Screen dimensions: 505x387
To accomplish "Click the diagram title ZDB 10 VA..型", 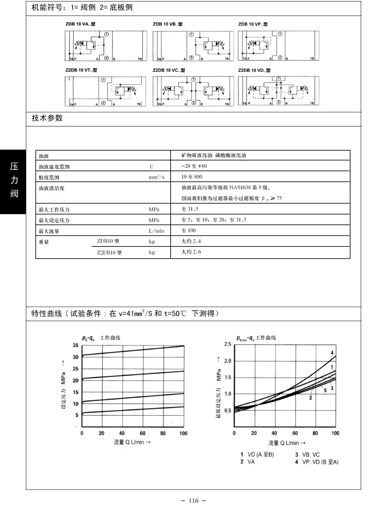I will tap(80, 24).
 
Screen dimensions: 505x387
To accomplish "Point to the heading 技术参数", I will tap(47, 118).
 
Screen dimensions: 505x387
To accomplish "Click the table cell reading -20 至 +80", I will tap(194, 166).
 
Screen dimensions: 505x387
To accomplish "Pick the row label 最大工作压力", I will tap(54, 210).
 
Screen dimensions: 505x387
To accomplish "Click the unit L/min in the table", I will tap(156, 231).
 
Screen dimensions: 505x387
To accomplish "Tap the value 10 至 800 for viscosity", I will tap(191, 177).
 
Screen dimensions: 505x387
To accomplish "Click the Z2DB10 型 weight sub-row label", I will tap(109, 253).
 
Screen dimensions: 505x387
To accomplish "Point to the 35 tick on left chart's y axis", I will tap(75, 345).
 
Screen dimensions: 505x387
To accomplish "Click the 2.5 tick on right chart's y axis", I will tap(227, 344).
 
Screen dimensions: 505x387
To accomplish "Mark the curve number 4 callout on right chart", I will tap(332, 353).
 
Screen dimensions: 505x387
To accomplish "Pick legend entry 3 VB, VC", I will tap(308, 454).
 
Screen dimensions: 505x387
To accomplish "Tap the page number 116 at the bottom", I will tap(193, 500).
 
